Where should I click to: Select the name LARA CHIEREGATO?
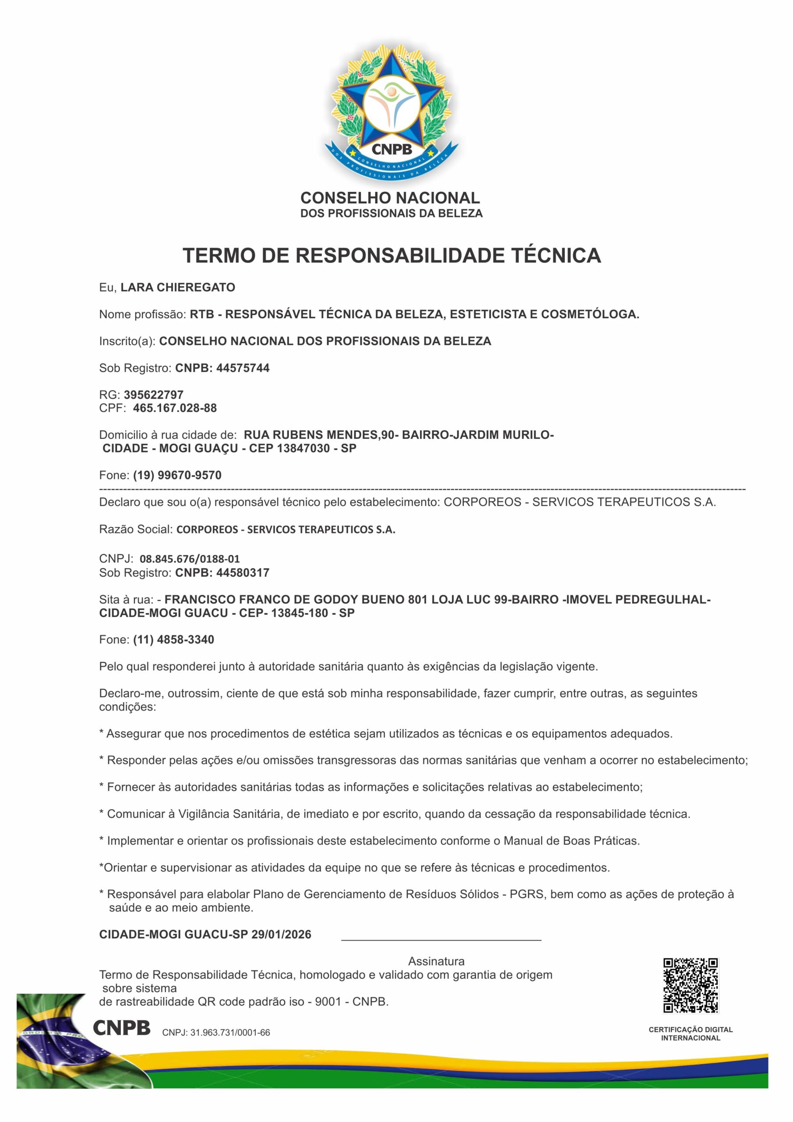(x=178, y=288)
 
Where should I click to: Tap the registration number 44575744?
(x=243, y=368)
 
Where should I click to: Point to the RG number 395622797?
(x=153, y=394)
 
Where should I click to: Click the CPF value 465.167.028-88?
(x=175, y=408)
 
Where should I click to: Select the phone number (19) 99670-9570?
(x=177, y=475)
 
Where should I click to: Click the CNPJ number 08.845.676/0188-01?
(x=190, y=558)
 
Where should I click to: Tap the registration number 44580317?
(x=243, y=572)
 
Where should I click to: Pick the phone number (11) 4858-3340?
(x=173, y=640)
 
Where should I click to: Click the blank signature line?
(x=441, y=939)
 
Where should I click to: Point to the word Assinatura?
(x=436, y=961)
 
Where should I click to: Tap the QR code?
(x=691, y=985)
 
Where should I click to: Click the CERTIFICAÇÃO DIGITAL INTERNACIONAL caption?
(x=691, y=1033)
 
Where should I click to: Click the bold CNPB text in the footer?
(x=122, y=1028)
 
